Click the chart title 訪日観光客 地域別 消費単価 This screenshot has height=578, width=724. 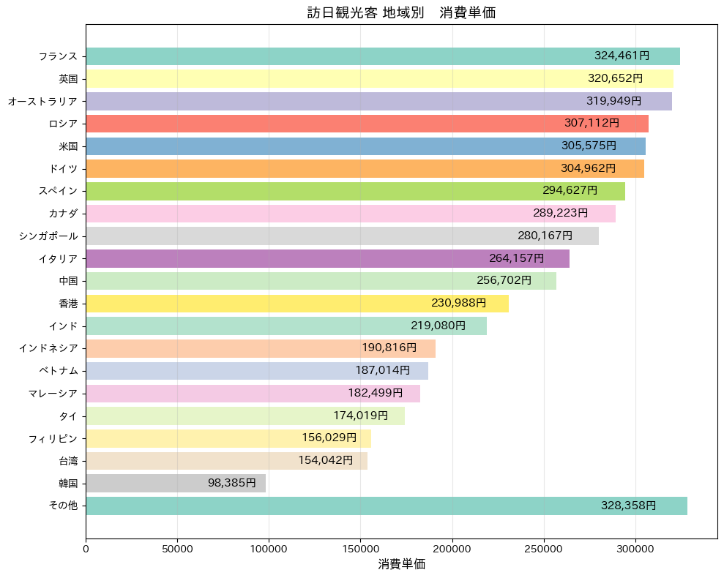401,13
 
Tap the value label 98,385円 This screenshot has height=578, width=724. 231,483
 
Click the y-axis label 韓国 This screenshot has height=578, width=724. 68,483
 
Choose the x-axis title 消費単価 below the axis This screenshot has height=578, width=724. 401,564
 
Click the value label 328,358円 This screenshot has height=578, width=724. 628,506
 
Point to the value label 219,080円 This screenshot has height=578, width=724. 438,326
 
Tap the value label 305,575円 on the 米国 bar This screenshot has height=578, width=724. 589,146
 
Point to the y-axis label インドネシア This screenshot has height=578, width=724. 48,348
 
